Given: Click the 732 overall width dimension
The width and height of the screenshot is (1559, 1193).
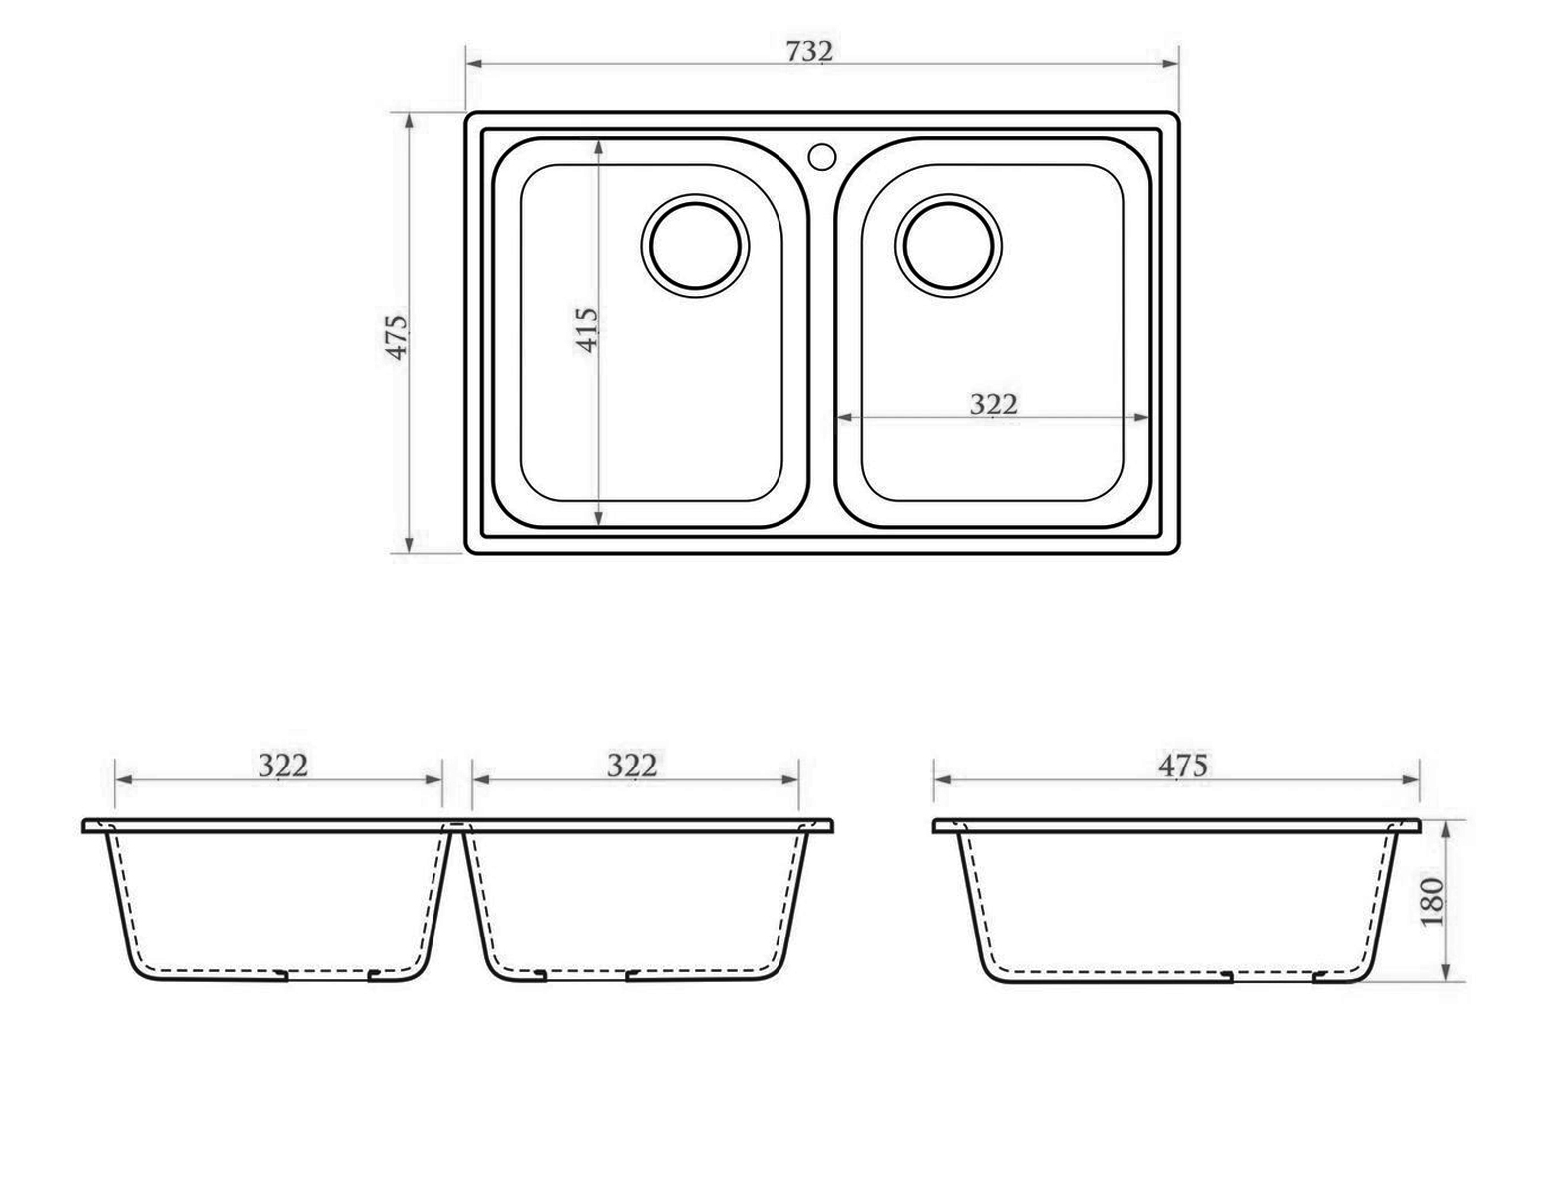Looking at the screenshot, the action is point(809,51).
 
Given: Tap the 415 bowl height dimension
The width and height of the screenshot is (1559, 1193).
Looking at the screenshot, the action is point(587,330).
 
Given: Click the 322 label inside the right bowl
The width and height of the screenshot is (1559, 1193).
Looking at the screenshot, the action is point(993,404).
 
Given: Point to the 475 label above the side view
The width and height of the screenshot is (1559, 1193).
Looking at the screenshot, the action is point(1182,767).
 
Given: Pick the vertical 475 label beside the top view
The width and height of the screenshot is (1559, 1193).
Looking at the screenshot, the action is point(397,337).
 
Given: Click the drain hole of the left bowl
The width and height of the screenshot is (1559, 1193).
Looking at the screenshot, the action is point(695,246).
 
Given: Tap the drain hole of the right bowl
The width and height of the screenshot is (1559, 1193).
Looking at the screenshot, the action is point(949,246).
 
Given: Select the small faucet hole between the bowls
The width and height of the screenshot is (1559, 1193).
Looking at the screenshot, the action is point(822,156).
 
